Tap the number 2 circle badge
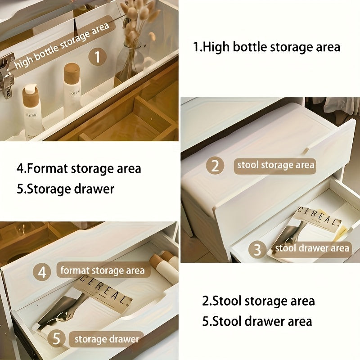click(x=215, y=166)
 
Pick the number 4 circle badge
click(x=42, y=272)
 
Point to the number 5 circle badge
click(x=56, y=338)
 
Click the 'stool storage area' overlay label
click(x=275, y=165)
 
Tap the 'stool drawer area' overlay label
click(x=312, y=248)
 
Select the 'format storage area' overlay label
click(x=103, y=270)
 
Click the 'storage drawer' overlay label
click(x=107, y=338)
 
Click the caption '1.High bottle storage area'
click(x=266, y=47)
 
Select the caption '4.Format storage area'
click(x=79, y=168)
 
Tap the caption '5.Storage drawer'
click(x=65, y=189)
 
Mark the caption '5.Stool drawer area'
click(x=256, y=321)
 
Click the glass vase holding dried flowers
click(x=130, y=63)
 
